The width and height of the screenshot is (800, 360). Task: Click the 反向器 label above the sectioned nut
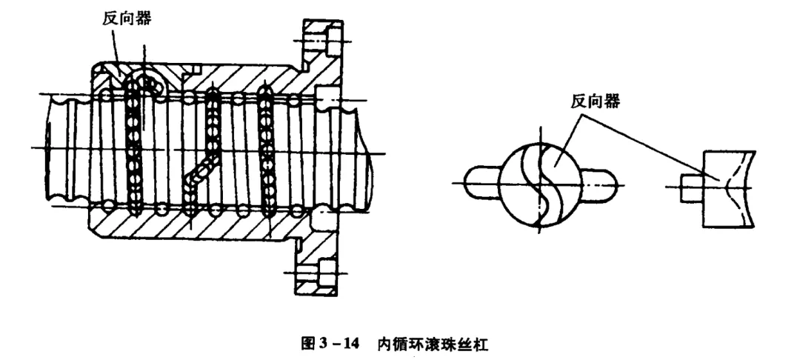click(126, 19)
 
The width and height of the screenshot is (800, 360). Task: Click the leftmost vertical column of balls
click(134, 148)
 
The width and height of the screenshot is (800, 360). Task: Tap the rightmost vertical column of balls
click(264, 148)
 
